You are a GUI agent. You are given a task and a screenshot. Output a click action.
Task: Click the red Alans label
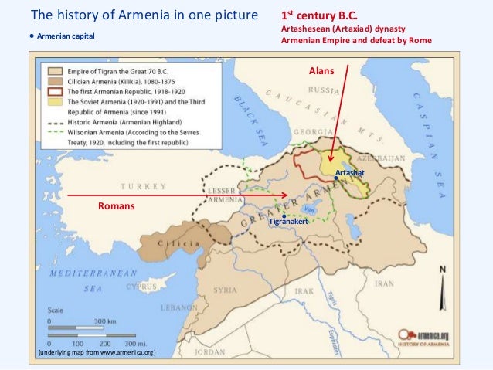[321, 70]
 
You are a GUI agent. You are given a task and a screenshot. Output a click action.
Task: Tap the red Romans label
[116, 206]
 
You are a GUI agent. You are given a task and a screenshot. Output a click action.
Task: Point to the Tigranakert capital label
[289, 222]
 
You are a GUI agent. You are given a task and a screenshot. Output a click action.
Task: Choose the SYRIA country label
[225, 290]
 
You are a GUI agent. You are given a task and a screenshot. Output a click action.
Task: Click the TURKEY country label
[144, 186]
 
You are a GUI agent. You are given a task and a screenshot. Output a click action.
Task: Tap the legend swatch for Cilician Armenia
[53, 80]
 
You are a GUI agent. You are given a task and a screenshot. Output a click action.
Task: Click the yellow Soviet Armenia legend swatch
[53, 101]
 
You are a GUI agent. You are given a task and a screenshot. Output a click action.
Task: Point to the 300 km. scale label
[106, 320]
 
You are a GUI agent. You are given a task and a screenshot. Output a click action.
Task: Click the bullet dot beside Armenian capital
[32, 36]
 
